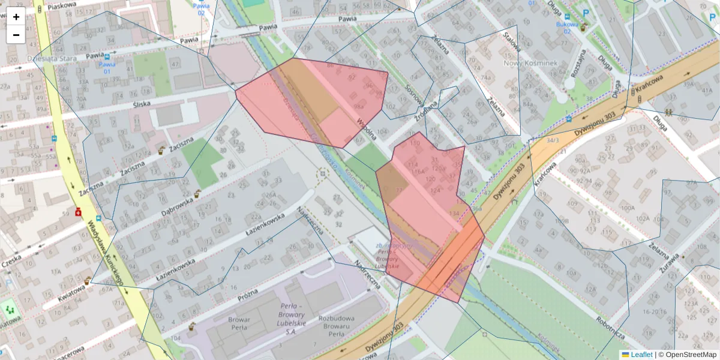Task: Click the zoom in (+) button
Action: pyautogui.click(x=16, y=17)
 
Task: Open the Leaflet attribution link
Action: pyautogui.click(x=641, y=355)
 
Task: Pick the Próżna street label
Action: pyautogui.click(x=247, y=295)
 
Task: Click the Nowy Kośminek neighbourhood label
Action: pyautogui.click(x=530, y=63)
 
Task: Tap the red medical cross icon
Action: pyautogui.click(x=79, y=212)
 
